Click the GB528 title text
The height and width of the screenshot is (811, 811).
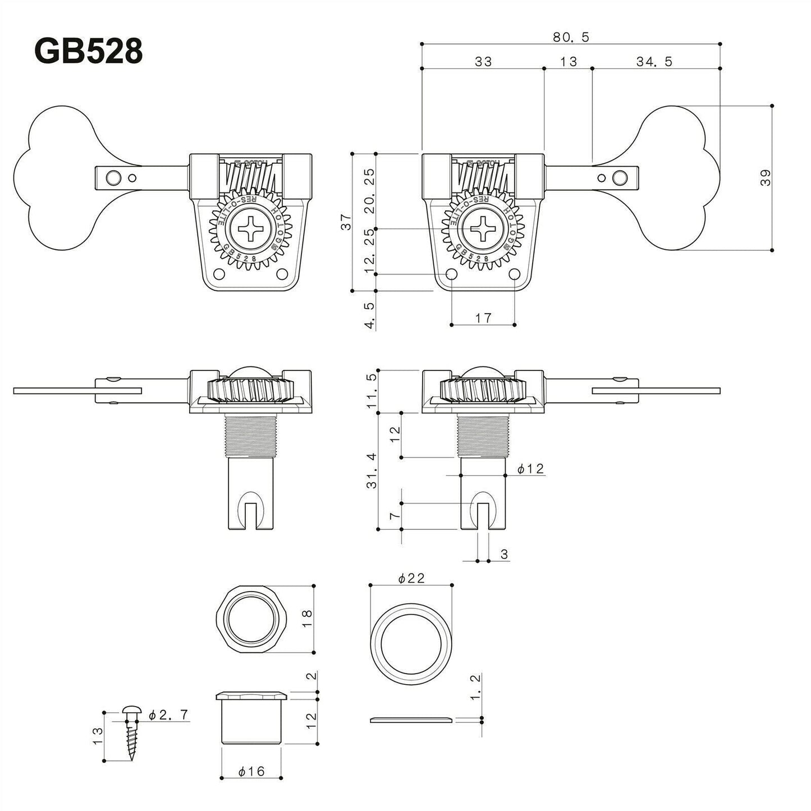tap(89, 52)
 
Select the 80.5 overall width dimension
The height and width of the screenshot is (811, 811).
tap(570, 37)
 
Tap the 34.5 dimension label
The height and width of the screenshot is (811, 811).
tap(654, 62)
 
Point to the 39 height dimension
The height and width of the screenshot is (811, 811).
tap(766, 177)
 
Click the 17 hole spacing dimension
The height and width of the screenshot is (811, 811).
tap(483, 318)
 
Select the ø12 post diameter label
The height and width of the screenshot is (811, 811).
tap(530, 469)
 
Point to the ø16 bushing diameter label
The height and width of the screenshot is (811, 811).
tap(251, 772)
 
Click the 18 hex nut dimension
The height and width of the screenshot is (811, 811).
tap(305, 618)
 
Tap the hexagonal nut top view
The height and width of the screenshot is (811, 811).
tap(251, 618)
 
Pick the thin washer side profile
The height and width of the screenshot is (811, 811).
tap(411, 720)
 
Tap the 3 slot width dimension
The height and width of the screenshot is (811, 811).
tap(503, 555)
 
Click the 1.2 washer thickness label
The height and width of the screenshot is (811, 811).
tap(475, 688)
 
